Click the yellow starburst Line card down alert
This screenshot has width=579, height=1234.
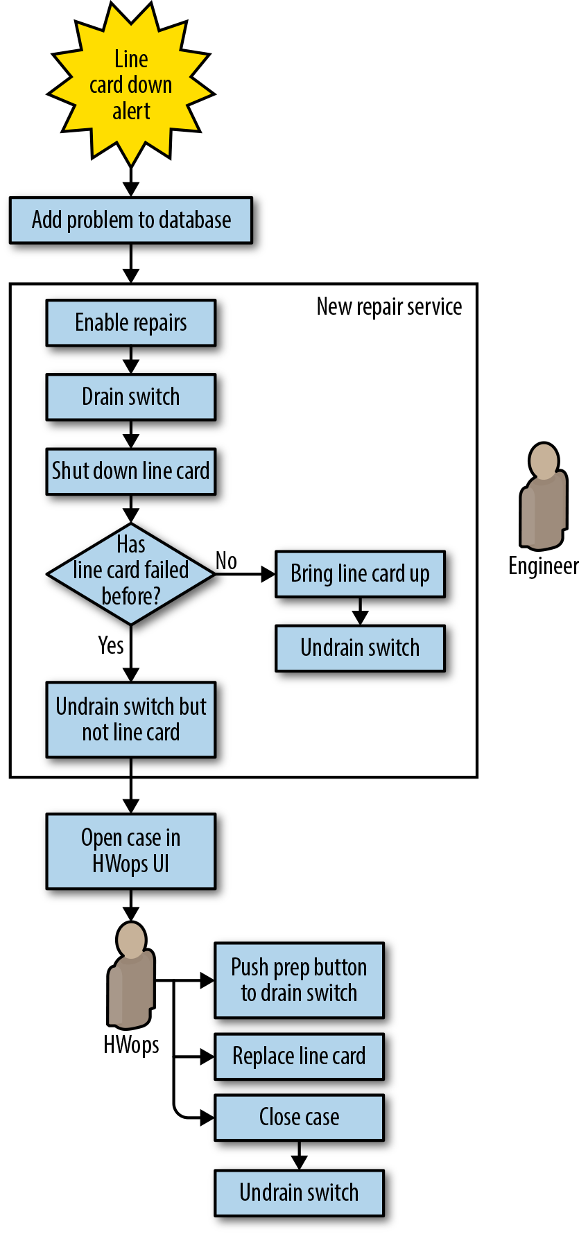tap(131, 85)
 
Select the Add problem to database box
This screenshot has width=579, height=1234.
tap(131, 220)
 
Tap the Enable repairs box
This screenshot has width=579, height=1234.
tap(131, 323)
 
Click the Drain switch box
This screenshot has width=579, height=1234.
tap(131, 397)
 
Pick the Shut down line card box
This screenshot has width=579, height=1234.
tap(131, 471)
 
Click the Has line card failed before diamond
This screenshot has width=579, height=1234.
tap(131, 574)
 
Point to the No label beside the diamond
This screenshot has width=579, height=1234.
tap(226, 561)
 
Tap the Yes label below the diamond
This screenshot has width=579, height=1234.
tap(111, 645)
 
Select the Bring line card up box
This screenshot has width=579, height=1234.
tap(361, 574)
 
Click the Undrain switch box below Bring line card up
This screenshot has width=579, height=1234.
tap(361, 648)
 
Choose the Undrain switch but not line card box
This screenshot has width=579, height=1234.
tap(131, 720)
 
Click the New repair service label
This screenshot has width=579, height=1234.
tap(389, 306)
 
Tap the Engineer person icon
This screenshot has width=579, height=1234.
tap(544, 496)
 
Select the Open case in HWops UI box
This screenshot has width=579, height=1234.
tap(131, 851)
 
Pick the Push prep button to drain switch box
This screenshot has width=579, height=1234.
tap(300, 980)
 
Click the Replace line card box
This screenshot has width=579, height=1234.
tap(300, 1057)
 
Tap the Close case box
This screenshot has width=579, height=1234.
tap(300, 1118)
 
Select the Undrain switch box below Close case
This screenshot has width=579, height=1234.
tap(300, 1193)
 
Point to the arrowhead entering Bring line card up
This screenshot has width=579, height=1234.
tap(268, 574)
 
